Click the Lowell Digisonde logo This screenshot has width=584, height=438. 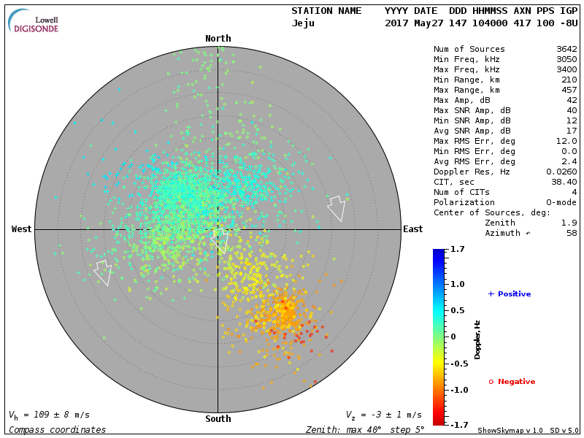coord(34,20)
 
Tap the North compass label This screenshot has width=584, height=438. coord(218,39)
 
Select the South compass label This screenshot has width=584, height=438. coord(218,419)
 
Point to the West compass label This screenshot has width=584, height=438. coord(22,229)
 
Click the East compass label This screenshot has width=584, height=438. coord(412,229)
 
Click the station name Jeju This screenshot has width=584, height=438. coord(303,23)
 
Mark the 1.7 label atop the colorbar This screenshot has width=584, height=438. coord(458,250)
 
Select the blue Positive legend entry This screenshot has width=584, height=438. coord(510,294)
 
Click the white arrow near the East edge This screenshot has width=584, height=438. coord(337,208)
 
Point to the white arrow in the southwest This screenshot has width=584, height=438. coord(103,272)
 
